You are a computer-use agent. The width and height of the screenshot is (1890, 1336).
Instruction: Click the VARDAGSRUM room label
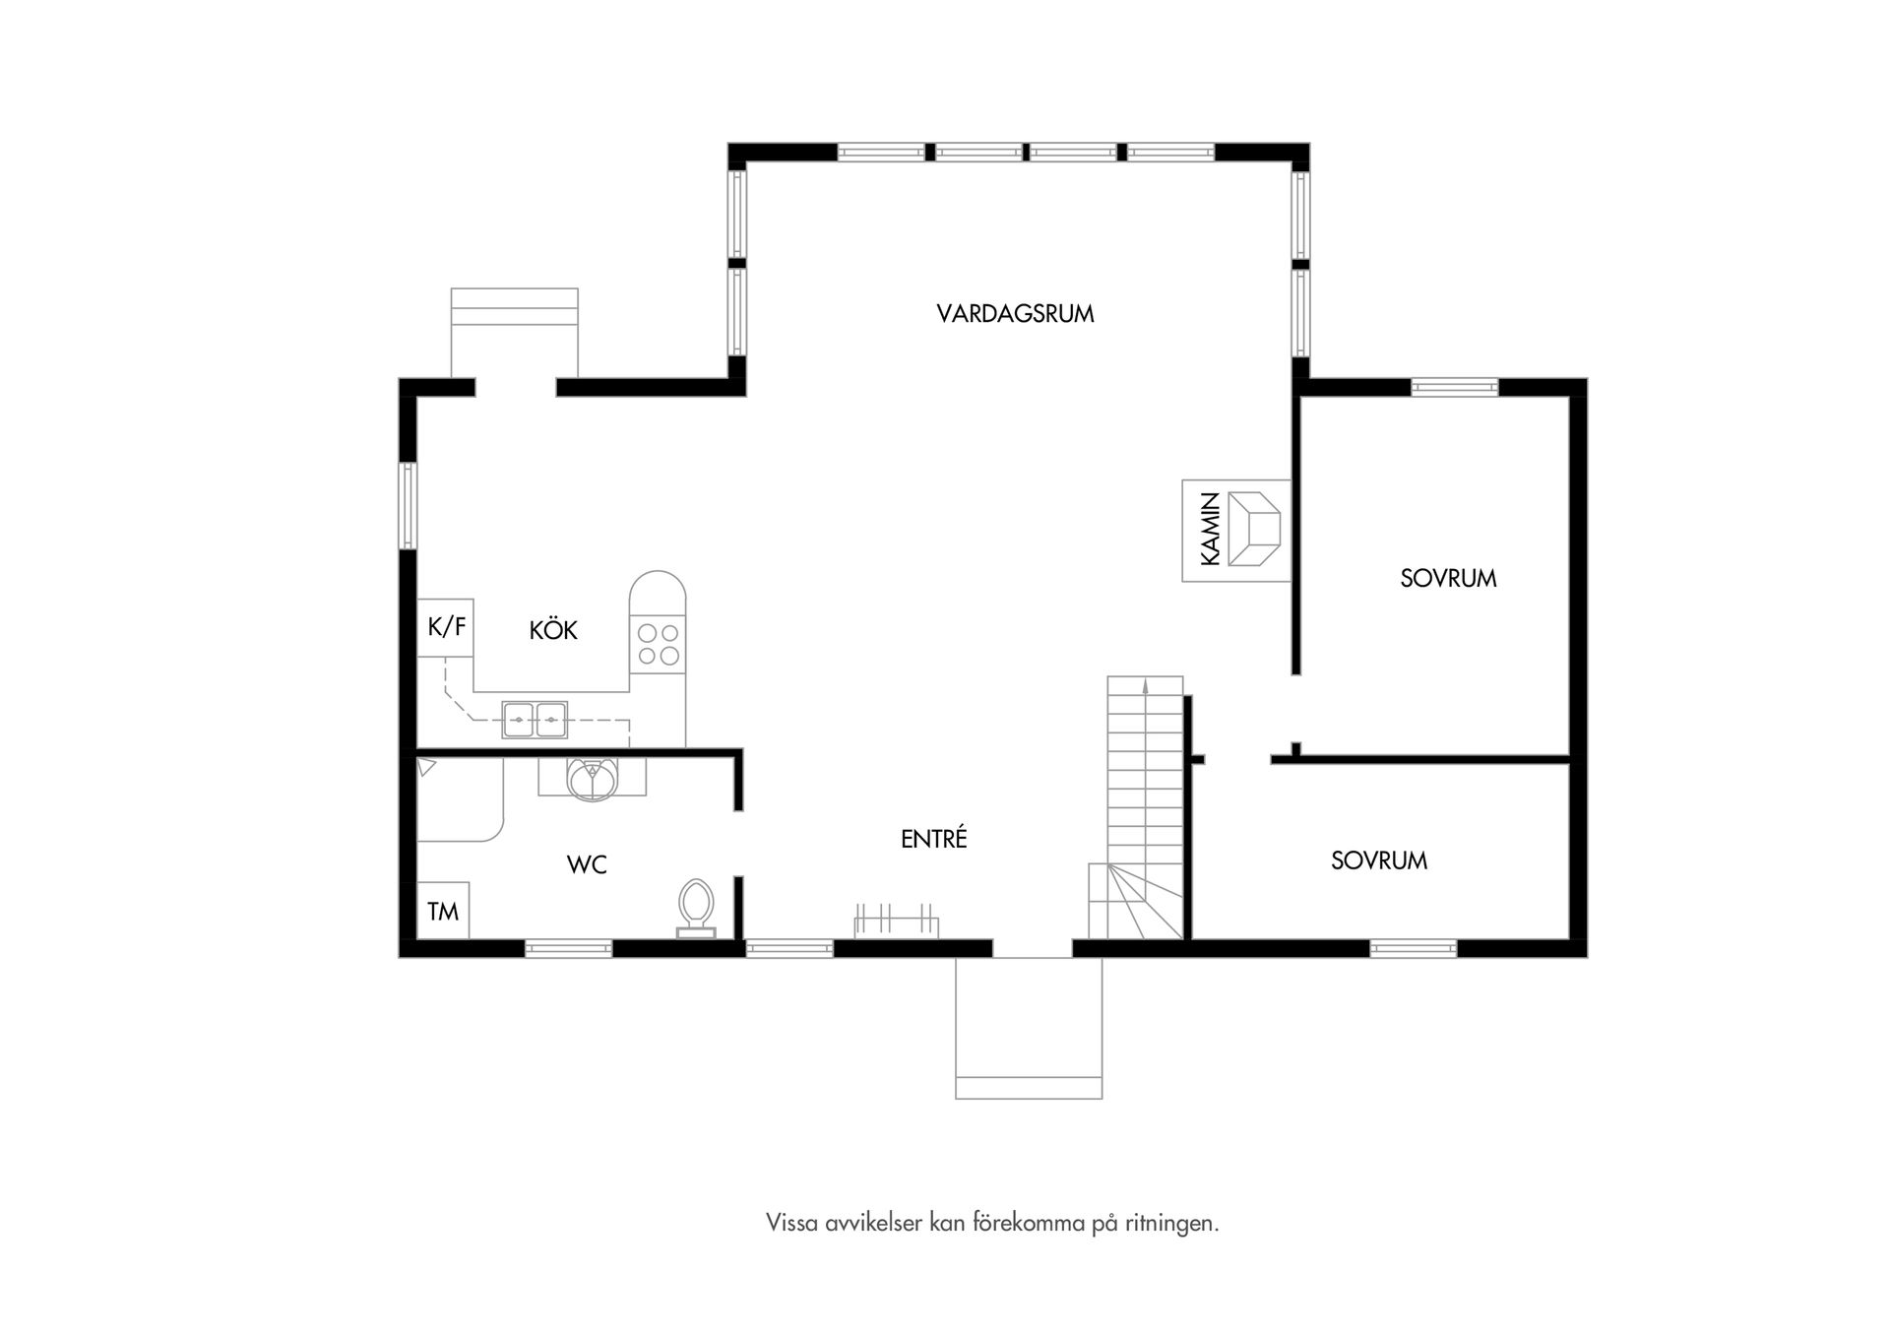[x=1015, y=314]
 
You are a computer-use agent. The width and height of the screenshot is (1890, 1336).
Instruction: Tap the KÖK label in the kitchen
[x=553, y=631]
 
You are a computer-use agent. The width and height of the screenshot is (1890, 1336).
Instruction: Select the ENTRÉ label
[x=934, y=839]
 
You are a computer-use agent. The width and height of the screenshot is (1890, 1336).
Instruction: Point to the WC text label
[x=587, y=865]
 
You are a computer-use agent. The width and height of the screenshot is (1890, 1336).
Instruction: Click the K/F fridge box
[x=446, y=627]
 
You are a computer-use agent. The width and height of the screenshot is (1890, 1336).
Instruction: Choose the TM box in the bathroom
[x=443, y=912]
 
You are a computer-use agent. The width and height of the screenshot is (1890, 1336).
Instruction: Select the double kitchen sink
[x=535, y=720]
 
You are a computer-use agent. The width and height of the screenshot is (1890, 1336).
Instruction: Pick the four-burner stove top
[x=658, y=644]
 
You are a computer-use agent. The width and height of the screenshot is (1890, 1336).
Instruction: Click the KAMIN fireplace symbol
[x=1253, y=530]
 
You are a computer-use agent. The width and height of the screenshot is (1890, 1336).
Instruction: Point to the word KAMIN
[x=1211, y=530]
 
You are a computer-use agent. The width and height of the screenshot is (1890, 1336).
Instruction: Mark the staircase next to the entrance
[x=1143, y=807]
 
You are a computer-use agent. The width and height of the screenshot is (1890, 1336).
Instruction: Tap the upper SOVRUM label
[x=1448, y=579]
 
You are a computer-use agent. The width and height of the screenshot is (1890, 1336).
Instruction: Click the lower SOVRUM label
[x=1378, y=861]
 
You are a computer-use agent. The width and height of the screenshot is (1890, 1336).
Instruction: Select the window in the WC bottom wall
[x=568, y=949]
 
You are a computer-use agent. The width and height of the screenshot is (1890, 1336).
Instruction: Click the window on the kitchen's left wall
[x=408, y=506]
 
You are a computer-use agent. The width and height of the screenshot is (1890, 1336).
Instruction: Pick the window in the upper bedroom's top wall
[x=1454, y=388]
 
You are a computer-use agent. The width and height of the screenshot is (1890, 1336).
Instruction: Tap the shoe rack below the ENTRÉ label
[x=896, y=922]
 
